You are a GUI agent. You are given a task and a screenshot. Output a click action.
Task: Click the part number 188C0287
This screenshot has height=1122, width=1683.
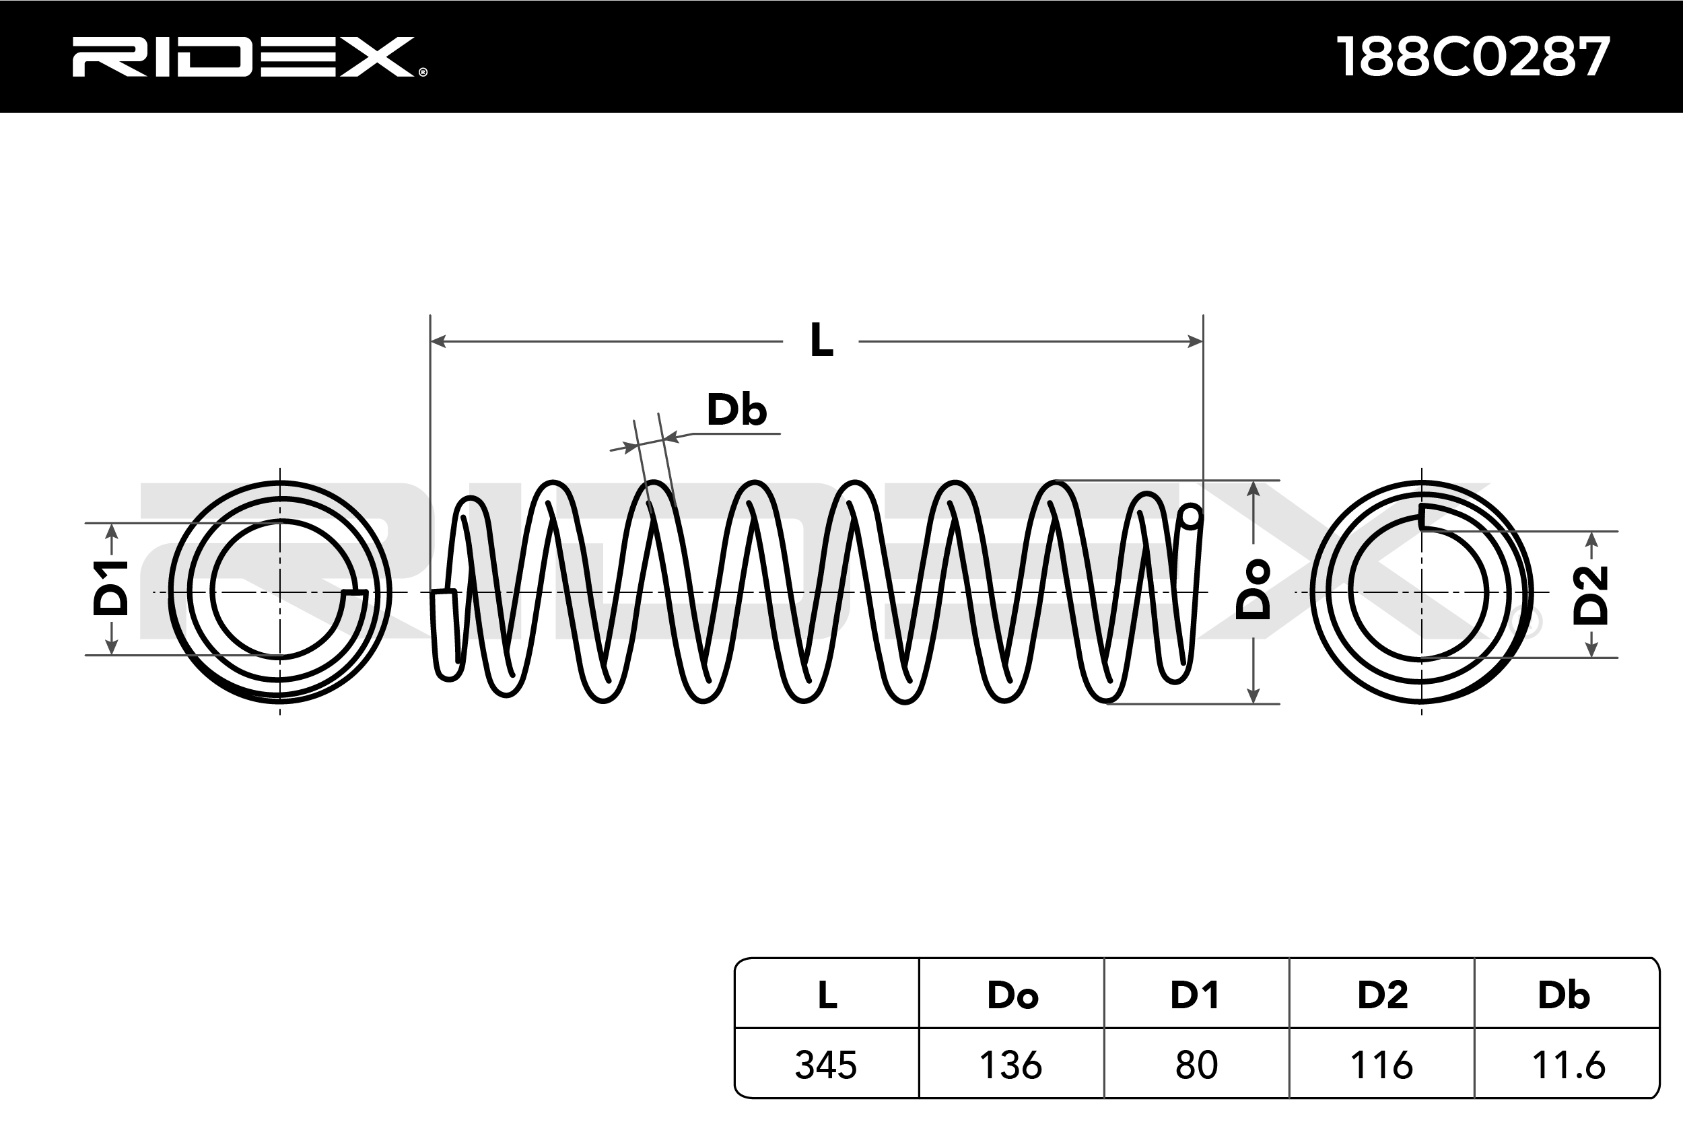pyautogui.click(x=1473, y=57)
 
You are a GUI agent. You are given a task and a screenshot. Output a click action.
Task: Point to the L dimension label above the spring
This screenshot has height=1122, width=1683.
pyautogui.click(x=821, y=341)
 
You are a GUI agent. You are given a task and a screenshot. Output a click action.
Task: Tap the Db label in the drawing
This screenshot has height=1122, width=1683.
pyautogui.click(x=736, y=410)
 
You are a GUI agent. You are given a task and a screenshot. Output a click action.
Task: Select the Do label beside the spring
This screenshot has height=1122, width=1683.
pyautogui.click(x=1253, y=590)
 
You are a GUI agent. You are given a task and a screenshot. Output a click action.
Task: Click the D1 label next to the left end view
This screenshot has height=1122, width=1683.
pyautogui.click(x=111, y=589)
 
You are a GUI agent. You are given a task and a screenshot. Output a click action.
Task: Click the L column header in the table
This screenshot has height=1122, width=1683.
pyautogui.click(x=827, y=995)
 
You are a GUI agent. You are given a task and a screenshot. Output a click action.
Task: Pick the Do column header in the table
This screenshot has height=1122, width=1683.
pyautogui.click(x=1012, y=995)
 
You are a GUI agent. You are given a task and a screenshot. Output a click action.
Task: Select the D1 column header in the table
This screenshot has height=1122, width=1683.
pyautogui.click(x=1194, y=995)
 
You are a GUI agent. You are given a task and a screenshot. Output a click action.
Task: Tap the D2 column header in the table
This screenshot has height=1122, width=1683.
pyautogui.click(x=1383, y=995)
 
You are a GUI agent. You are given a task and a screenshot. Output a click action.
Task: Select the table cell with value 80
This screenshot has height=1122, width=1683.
pyautogui.click(x=1196, y=1065)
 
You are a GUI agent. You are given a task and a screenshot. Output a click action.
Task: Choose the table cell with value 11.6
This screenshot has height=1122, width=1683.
pyautogui.click(x=1568, y=1065)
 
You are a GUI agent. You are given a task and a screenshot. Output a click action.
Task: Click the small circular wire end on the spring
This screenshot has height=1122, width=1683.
pyautogui.click(x=1192, y=516)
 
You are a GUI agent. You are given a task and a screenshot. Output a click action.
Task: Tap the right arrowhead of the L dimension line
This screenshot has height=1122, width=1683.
pyautogui.click(x=1195, y=341)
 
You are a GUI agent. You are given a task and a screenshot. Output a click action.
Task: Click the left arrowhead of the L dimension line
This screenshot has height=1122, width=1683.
pyautogui.click(x=438, y=341)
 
